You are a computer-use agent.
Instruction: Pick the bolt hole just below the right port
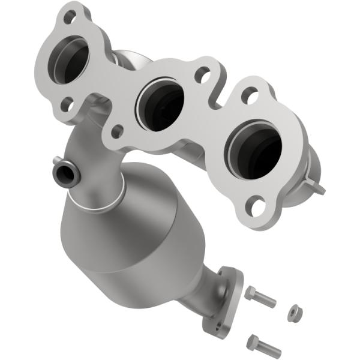(259, 208)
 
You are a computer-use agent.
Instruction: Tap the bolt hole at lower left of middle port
(118, 129)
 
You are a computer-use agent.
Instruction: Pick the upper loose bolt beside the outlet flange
(259, 296)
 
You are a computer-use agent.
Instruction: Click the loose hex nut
(295, 313)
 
